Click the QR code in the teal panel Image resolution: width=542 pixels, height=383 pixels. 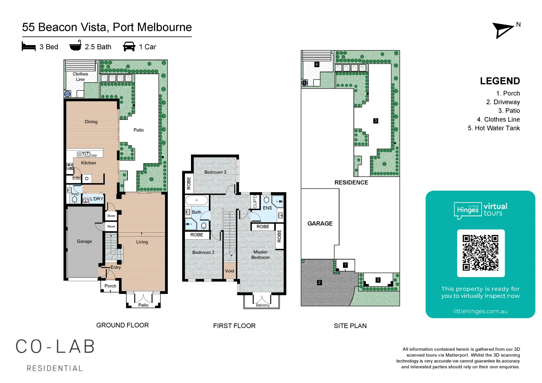(x=481, y=253)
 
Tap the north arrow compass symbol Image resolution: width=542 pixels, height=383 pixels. (x=503, y=30)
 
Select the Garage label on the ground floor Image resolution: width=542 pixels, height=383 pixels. (x=84, y=242)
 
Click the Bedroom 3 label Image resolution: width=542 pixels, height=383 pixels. (x=215, y=172)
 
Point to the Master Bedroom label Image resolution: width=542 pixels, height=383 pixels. (x=260, y=255)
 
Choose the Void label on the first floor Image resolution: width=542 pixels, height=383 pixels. (x=229, y=271)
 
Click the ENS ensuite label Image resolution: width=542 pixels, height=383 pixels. (x=267, y=208)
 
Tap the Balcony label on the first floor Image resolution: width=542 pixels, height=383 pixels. (x=263, y=305)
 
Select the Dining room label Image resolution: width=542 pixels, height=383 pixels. (x=91, y=122)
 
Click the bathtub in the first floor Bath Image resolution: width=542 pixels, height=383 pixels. (x=197, y=200)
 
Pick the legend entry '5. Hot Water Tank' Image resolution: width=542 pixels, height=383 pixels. (x=493, y=128)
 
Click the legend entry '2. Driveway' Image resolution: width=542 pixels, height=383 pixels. (x=503, y=102)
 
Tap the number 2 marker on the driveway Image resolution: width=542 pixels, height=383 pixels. (x=319, y=283)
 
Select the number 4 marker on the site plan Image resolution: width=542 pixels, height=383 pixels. (x=317, y=65)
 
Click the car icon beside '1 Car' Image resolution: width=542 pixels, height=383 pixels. (x=129, y=47)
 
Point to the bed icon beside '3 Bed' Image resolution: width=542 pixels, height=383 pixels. (x=29, y=47)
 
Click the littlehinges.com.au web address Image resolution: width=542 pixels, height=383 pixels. (x=480, y=311)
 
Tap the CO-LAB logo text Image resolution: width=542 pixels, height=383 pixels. (x=55, y=347)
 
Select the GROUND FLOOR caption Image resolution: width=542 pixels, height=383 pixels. (x=122, y=325)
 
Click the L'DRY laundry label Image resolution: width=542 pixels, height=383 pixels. (x=96, y=199)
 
